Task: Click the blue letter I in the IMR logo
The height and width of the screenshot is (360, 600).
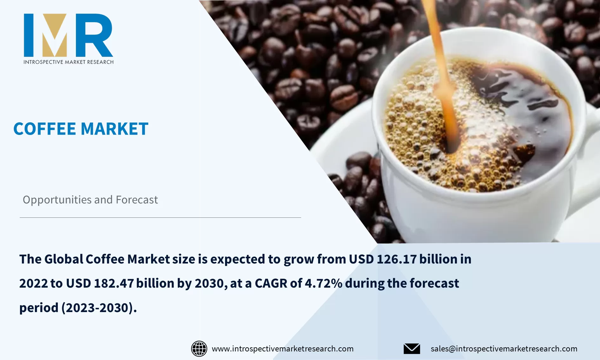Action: click(29, 35)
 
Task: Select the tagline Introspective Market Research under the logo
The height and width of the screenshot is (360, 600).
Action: click(69, 62)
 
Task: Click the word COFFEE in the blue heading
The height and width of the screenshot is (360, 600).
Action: click(45, 129)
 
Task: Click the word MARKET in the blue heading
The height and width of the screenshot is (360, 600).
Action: click(115, 129)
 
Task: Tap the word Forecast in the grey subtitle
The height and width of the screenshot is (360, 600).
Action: click(137, 200)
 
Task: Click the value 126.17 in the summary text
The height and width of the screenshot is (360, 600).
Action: click(397, 259)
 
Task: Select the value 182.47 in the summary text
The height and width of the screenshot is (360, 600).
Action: click(114, 283)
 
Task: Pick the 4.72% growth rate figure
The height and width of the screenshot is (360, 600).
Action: click(323, 283)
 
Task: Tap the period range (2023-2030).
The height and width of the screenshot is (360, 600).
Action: click(99, 308)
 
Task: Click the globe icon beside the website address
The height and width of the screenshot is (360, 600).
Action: click(199, 349)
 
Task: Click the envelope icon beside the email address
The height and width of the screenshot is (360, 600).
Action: click(412, 349)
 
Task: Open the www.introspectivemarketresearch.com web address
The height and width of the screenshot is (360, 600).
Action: click(283, 349)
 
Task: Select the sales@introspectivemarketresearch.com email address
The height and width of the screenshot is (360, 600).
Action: click(504, 349)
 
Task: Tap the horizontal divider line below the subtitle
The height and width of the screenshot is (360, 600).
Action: click(160, 217)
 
